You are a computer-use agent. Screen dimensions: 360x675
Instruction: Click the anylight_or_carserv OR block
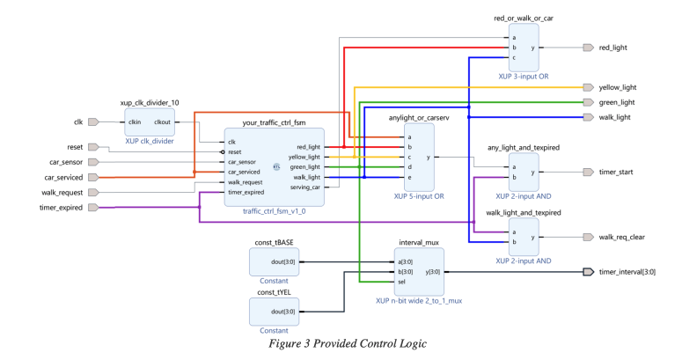tap(420, 158)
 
